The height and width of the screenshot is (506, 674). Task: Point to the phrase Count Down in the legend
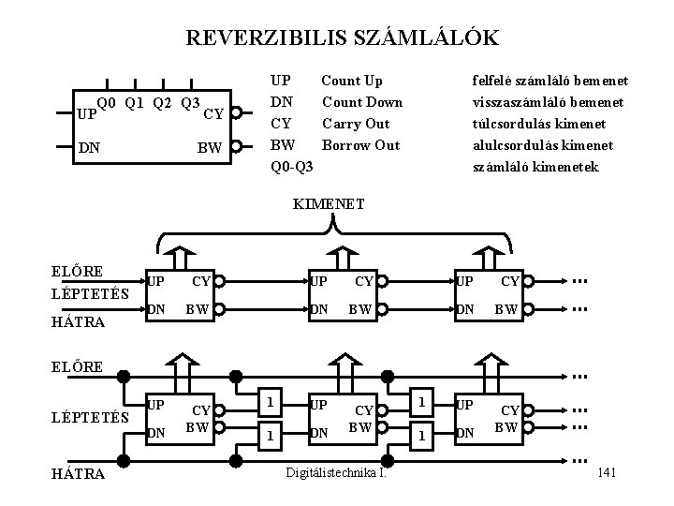click(362, 102)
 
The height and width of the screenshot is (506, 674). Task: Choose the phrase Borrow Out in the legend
click(360, 145)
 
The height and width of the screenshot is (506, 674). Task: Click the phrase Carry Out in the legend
click(356, 124)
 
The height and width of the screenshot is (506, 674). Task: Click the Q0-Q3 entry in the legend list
click(291, 167)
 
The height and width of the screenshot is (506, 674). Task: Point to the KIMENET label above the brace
click(329, 201)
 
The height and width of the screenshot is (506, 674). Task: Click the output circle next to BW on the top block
click(238, 147)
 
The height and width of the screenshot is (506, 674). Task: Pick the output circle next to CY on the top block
click(238, 114)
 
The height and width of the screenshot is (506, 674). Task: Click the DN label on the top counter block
click(90, 147)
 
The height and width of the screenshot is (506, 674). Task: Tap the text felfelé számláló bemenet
click(549, 82)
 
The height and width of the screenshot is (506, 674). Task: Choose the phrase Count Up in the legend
click(352, 82)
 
